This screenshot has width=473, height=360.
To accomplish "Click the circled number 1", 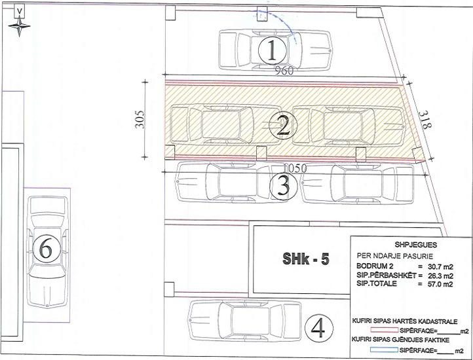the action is pyautogui.click(x=272, y=50).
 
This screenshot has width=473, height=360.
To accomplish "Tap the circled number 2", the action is pyautogui.click(x=283, y=125).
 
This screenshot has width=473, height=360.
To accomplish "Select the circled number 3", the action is pyautogui.click(x=283, y=186).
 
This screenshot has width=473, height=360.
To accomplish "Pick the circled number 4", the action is pyautogui.click(x=319, y=328).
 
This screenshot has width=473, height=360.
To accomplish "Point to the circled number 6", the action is pyautogui.click(x=47, y=249).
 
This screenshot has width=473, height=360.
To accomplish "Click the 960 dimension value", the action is pyautogui.click(x=284, y=71).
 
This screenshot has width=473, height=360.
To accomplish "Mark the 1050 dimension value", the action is pyautogui.click(x=295, y=168).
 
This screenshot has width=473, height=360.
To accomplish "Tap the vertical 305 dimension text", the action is pyautogui.click(x=140, y=120).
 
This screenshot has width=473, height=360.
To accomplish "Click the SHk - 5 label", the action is pyautogui.click(x=305, y=259).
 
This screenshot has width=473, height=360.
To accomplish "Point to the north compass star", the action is pyautogui.click(x=19, y=26).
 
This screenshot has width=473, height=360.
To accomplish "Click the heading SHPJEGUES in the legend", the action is pyautogui.click(x=415, y=245).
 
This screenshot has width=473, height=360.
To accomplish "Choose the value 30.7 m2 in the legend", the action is pyautogui.click(x=440, y=266).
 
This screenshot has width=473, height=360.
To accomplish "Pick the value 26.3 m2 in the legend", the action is pyautogui.click(x=440, y=276).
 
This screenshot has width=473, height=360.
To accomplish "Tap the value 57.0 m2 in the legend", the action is pyautogui.click(x=440, y=283).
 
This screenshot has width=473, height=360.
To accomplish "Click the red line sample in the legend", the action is pyautogui.click(x=385, y=331).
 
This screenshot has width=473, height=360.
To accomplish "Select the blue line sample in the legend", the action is pyautogui.click(x=385, y=350).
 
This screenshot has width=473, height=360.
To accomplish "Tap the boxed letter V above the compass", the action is pyautogui.click(x=20, y=11).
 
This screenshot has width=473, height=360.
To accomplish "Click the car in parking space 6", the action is pyautogui.click(x=47, y=252).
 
